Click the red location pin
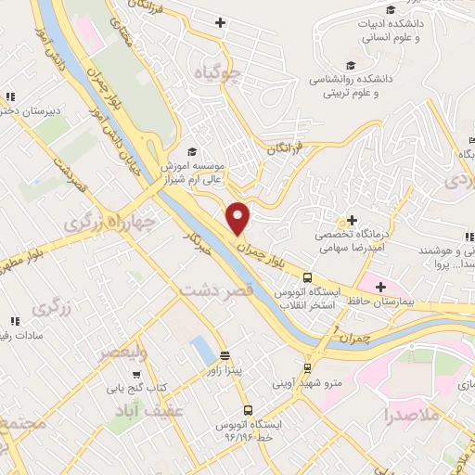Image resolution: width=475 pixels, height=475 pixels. pyautogui.click(x=238, y=218)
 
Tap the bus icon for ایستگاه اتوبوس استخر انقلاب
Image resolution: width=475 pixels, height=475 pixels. pyautogui.click(x=307, y=276)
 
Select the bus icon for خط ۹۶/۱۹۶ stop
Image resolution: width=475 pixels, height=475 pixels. pyautogui.click(x=248, y=409)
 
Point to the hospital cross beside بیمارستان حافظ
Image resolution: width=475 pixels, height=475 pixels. pyautogui.click(x=381, y=284)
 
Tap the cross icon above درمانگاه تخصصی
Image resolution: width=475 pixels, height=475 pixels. pyautogui.click(x=351, y=221)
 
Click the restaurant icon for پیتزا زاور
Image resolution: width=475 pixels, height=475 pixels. pyautogui.click(x=225, y=355)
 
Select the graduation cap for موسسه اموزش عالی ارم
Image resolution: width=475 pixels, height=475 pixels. pyautogui.click(x=192, y=152)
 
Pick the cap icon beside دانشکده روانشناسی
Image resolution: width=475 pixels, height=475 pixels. pyautogui.click(x=351, y=65)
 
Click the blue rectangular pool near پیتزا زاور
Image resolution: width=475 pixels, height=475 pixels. pyautogui.click(x=199, y=351)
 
